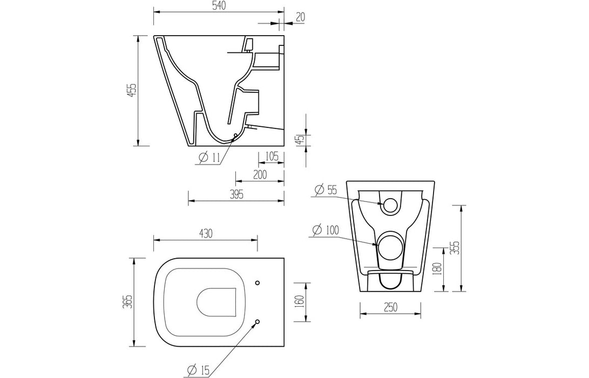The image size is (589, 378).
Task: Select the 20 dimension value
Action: pyautogui.click(x=300, y=16)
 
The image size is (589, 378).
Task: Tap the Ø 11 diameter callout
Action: pyautogui.click(x=209, y=157)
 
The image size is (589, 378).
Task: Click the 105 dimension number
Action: pyautogui.click(x=272, y=157)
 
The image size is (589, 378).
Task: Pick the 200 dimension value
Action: pyautogui.click(x=260, y=175)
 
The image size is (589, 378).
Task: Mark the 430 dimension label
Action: pyautogui.click(x=205, y=233)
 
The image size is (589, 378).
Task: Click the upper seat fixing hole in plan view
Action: pyautogui.click(x=257, y=282)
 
